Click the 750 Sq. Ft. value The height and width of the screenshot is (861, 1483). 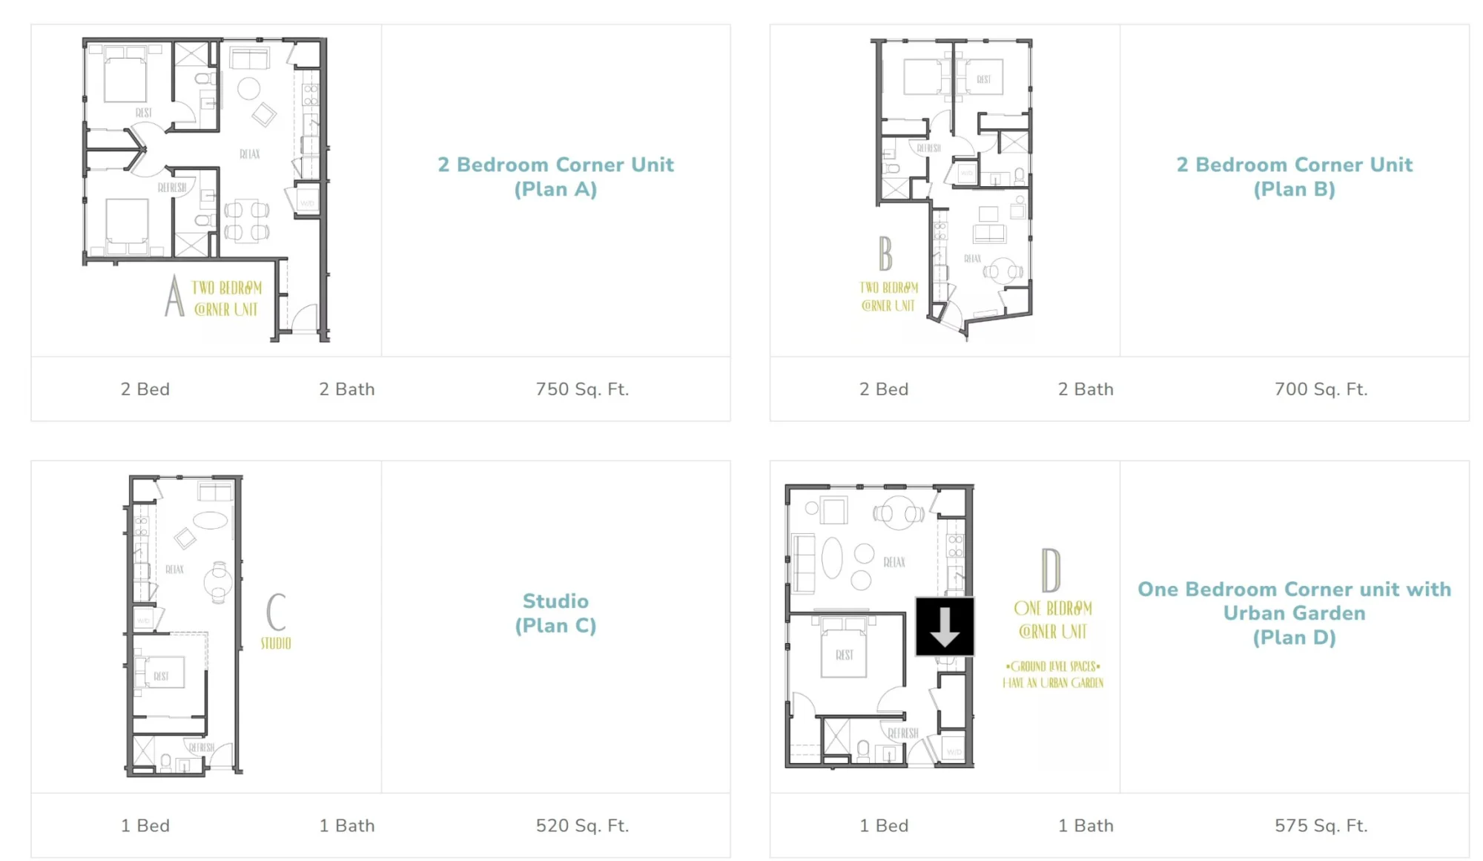(582, 389)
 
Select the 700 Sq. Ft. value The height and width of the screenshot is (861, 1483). (1321, 389)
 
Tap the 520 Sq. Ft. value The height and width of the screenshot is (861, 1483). (582, 825)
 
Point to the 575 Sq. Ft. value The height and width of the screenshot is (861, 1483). (1321, 825)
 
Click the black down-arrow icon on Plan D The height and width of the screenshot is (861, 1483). (945, 627)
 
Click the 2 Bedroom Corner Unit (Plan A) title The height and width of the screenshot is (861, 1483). (555, 177)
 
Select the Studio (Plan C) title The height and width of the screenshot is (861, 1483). (555, 613)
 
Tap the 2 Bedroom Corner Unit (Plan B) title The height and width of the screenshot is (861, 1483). (1294, 177)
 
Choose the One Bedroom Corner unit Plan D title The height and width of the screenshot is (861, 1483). (1294, 613)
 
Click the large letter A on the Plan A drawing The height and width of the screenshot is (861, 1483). (174, 296)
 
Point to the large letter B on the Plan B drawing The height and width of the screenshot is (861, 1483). (885, 254)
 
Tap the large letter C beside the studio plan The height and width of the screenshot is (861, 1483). (276, 612)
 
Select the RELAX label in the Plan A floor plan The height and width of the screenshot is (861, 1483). (250, 154)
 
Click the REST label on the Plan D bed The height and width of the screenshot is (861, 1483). (844, 655)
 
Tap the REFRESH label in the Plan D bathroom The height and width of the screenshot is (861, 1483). (903, 733)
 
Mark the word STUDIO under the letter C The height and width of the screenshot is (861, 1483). (276, 643)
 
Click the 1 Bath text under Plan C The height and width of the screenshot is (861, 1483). (347, 825)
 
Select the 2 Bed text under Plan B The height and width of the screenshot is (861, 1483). (884, 389)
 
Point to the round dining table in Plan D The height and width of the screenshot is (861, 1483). (899, 513)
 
